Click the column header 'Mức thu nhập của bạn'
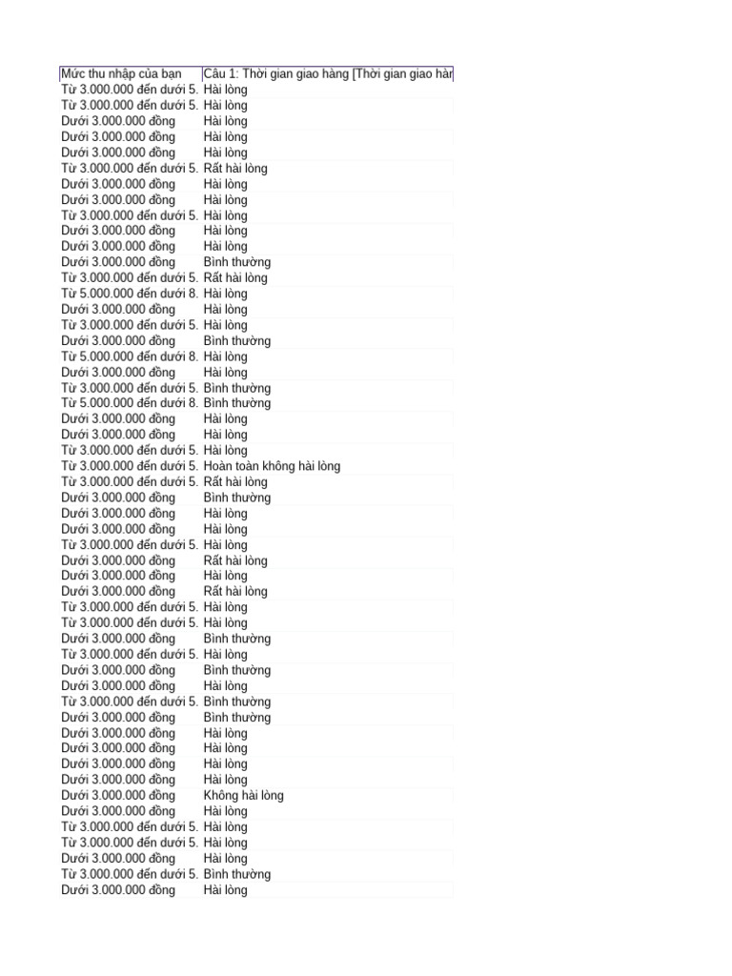click(x=121, y=73)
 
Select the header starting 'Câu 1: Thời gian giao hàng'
click(x=328, y=73)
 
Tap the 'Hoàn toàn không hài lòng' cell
click(x=272, y=466)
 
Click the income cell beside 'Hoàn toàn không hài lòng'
click(x=130, y=466)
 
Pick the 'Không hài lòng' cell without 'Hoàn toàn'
click(x=243, y=796)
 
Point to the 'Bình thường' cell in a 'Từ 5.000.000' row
click(x=236, y=403)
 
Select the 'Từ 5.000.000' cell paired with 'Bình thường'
click(x=130, y=403)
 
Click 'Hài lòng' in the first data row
click(x=225, y=90)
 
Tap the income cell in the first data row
click(x=130, y=90)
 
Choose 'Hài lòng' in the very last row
click(x=225, y=890)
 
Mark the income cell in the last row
click(x=118, y=890)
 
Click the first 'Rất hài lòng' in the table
click(x=235, y=168)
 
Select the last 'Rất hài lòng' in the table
click(x=235, y=591)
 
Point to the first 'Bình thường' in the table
click(x=236, y=262)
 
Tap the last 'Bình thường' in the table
click(x=236, y=874)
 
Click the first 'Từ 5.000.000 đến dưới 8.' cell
click(x=130, y=294)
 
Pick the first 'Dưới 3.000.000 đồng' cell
click(x=118, y=121)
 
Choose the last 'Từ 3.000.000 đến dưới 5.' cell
click(x=130, y=874)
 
